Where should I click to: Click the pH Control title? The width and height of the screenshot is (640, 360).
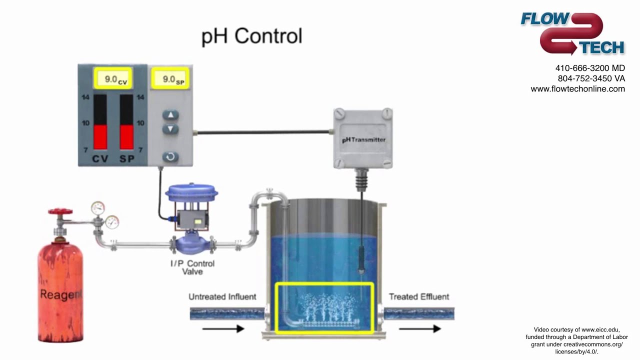pyautogui.click(x=251, y=36)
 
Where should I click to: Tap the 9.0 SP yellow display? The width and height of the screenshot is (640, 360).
pyautogui.click(x=170, y=79)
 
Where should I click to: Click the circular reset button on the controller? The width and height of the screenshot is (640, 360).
pyautogui.click(x=170, y=156)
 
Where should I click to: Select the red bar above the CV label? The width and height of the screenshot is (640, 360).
pyautogui.click(x=100, y=136)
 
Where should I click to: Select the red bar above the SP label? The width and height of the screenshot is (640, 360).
pyautogui.click(x=126, y=136)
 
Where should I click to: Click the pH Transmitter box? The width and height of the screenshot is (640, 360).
pyautogui.click(x=363, y=139)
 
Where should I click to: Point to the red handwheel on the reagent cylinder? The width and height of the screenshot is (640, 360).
pyautogui.click(x=60, y=212)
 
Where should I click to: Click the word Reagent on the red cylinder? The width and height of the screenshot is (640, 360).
pyautogui.click(x=60, y=294)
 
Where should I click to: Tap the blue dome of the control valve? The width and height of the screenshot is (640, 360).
pyautogui.click(x=190, y=192)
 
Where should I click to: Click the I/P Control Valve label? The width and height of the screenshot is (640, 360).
pyautogui.click(x=192, y=267)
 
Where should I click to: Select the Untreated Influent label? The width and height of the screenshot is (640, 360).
pyautogui.click(x=222, y=296)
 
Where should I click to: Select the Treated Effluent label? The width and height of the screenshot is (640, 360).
pyautogui.click(x=419, y=296)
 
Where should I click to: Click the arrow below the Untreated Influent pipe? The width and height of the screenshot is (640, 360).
pyautogui.click(x=223, y=328)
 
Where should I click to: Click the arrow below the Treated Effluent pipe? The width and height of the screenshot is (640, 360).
pyautogui.click(x=419, y=328)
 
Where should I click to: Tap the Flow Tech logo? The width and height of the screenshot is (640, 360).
pyautogui.click(x=572, y=33)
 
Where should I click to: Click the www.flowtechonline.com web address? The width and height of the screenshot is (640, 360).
pyautogui.click(x=577, y=89)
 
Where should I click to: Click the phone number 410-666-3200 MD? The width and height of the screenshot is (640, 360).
pyautogui.click(x=589, y=68)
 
